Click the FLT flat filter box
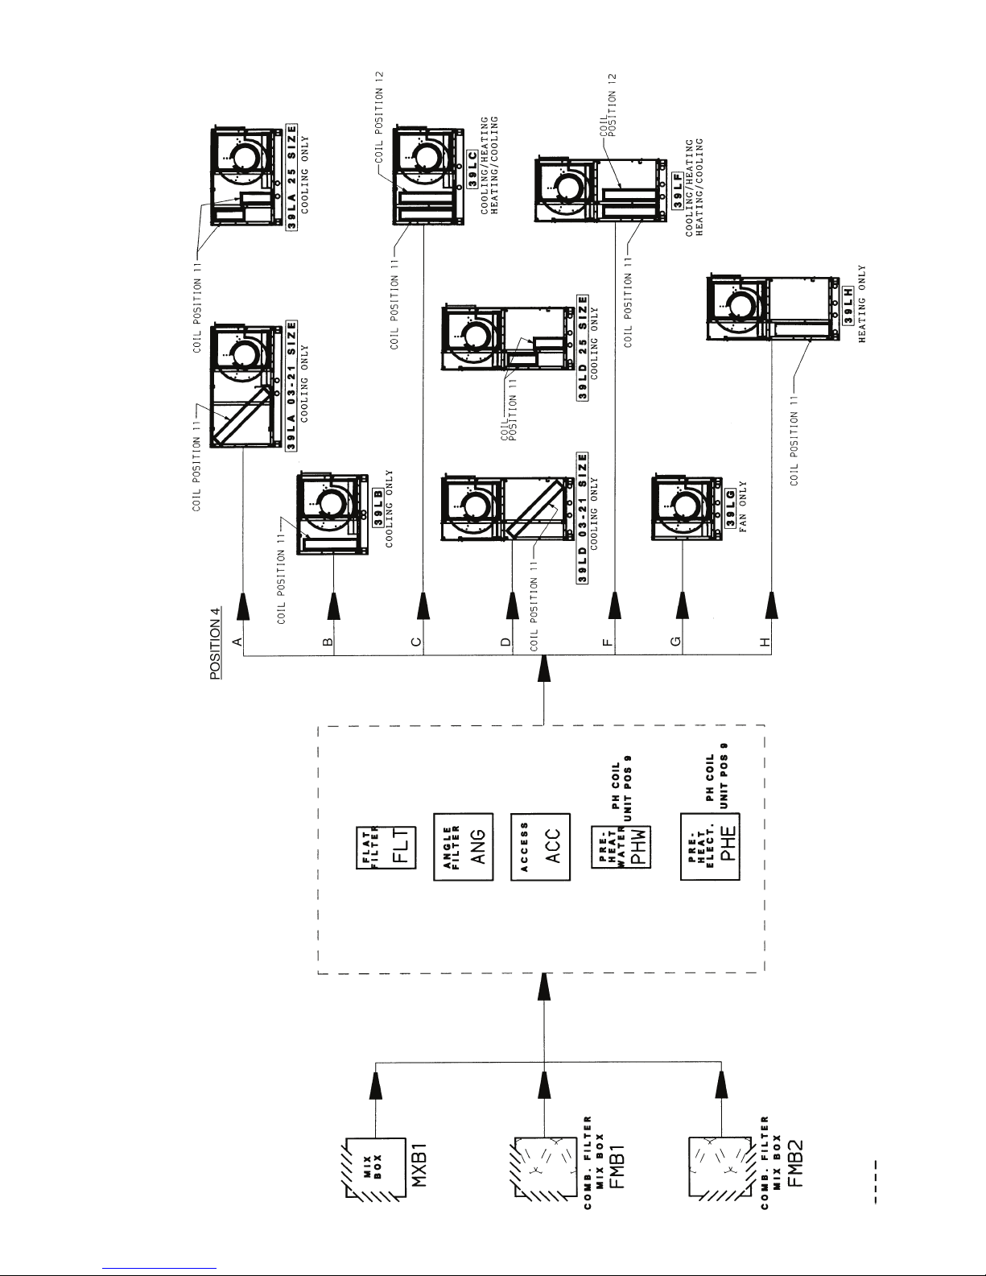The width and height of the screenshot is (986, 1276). (x=386, y=848)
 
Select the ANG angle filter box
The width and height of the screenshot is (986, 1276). (x=463, y=847)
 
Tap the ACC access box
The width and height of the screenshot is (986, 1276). (x=540, y=847)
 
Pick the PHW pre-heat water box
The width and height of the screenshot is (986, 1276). (x=621, y=848)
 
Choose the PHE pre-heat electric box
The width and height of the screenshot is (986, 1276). (x=710, y=847)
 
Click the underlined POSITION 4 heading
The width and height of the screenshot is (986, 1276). (x=216, y=643)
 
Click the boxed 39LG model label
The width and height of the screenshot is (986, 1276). (x=731, y=509)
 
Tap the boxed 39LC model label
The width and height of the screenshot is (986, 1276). (x=472, y=170)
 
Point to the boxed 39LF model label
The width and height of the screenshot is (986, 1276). (x=678, y=191)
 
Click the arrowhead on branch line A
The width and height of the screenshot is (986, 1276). (x=243, y=606)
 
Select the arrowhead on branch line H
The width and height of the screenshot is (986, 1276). (x=771, y=606)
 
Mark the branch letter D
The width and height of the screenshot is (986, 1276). (x=506, y=642)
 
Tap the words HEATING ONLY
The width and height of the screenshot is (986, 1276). (x=861, y=304)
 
